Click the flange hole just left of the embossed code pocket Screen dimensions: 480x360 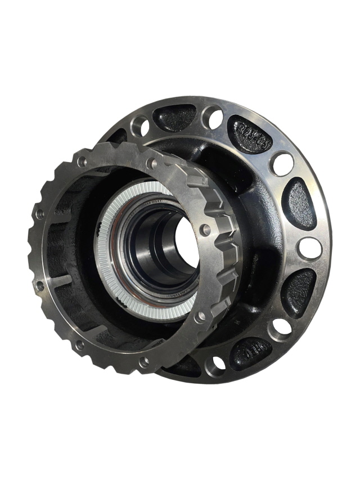tap(213, 117)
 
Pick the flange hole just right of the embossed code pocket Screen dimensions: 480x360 tap(281, 164)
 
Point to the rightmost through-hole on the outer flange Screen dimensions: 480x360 tap(310, 248)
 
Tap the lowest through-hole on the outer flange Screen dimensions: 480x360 tap(215, 365)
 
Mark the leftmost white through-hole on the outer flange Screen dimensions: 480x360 tap(140, 127)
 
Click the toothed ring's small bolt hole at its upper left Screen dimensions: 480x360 tap(83, 162)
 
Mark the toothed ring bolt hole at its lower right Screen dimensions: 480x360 tap(199, 317)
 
